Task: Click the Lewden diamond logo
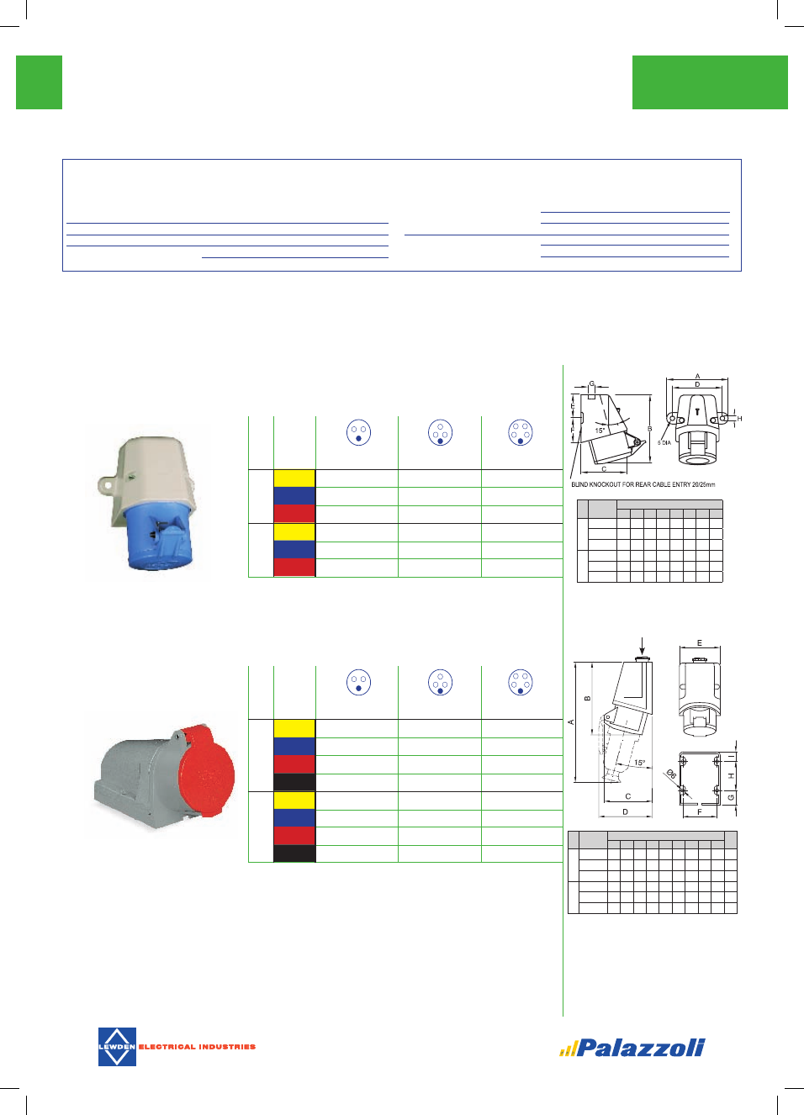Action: tap(117, 1047)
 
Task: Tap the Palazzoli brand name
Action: tap(640, 1048)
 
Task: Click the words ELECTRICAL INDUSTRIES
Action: tap(197, 1047)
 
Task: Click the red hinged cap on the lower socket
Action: tap(206, 773)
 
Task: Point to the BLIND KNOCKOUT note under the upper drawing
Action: tap(643, 484)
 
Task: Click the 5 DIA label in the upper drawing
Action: tap(664, 442)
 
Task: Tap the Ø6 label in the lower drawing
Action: tap(671, 774)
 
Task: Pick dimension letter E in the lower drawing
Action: tap(700, 643)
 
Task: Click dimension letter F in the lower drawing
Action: tap(700, 811)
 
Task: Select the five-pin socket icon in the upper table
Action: tap(521, 432)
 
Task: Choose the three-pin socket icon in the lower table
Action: tap(358, 683)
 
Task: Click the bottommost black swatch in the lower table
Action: tap(294, 853)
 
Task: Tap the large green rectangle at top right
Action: tap(710, 82)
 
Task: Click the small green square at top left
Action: tap(39, 82)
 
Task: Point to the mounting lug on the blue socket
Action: tap(107, 484)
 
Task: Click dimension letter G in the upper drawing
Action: tap(592, 383)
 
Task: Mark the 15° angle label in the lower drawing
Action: tap(640, 763)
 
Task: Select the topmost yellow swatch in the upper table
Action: tap(294, 478)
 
